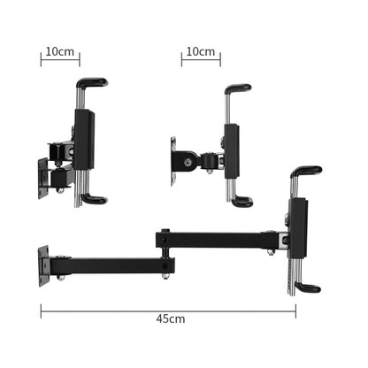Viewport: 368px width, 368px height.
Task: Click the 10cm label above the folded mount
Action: (60, 50)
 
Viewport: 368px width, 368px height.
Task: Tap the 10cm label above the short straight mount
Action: (201, 50)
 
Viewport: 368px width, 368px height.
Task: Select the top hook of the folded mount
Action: (91, 83)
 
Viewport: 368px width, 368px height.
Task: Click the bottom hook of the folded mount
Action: (93, 200)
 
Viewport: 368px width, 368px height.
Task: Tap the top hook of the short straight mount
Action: (237, 88)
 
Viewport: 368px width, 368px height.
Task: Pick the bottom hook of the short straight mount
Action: (241, 202)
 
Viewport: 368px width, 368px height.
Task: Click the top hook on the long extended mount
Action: (306, 170)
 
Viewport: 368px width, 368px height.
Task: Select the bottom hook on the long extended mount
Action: (308, 287)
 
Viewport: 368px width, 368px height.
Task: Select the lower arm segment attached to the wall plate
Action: (106, 264)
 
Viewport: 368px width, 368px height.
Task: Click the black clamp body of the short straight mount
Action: (232, 150)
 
